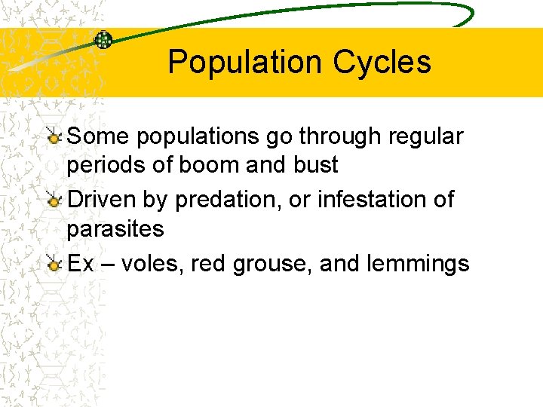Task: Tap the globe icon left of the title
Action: tap(103, 39)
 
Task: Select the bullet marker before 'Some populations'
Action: tap(54, 137)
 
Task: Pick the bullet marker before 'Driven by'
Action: tap(54, 200)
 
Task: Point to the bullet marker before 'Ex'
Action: tap(54, 264)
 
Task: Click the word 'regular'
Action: tap(425, 137)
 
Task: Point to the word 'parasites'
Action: tap(115, 228)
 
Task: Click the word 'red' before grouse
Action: tap(205, 264)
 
